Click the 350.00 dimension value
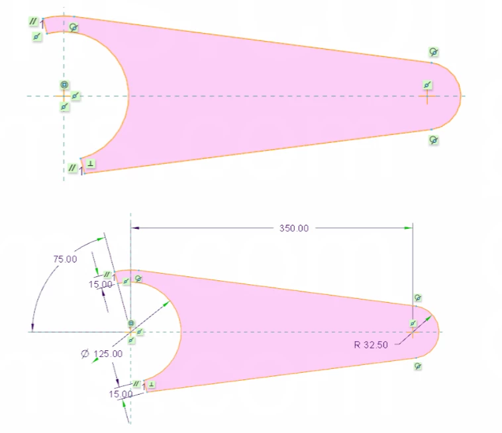pyautogui.click(x=294, y=228)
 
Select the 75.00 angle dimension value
pyautogui.click(x=65, y=259)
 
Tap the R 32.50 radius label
pyautogui.click(x=371, y=345)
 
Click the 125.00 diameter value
pyautogui.click(x=108, y=354)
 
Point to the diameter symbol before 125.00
pyautogui.click(x=85, y=354)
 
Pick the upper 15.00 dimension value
pyautogui.click(x=100, y=284)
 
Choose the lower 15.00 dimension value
pyautogui.click(x=121, y=394)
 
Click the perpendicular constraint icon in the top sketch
pyautogui.click(x=91, y=163)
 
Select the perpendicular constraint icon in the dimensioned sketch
pyautogui.click(x=152, y=385)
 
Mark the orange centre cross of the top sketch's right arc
pyautogui.click(x=427, y=96)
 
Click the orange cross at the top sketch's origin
pyautogui.click(x=64, y=96)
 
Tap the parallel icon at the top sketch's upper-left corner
pyautogui.click(x=33, y=21)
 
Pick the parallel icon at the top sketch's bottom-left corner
pyautogui.click(x=72, y=167)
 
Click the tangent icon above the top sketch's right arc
pyautogui.click(x=434, y=52)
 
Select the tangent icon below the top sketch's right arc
pyautogui.click(x=434, y=140)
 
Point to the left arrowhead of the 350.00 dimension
pyautogui.click(x=135, y=228)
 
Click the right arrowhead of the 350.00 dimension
pyautogui.click(x=409, y=228)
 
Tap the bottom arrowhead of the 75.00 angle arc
pyautogui.click(x=32, y=327)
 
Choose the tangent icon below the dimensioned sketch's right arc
pyautogui.click(x=418, y=366)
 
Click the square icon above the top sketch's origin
pyautogui.click(x=64, y=85)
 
